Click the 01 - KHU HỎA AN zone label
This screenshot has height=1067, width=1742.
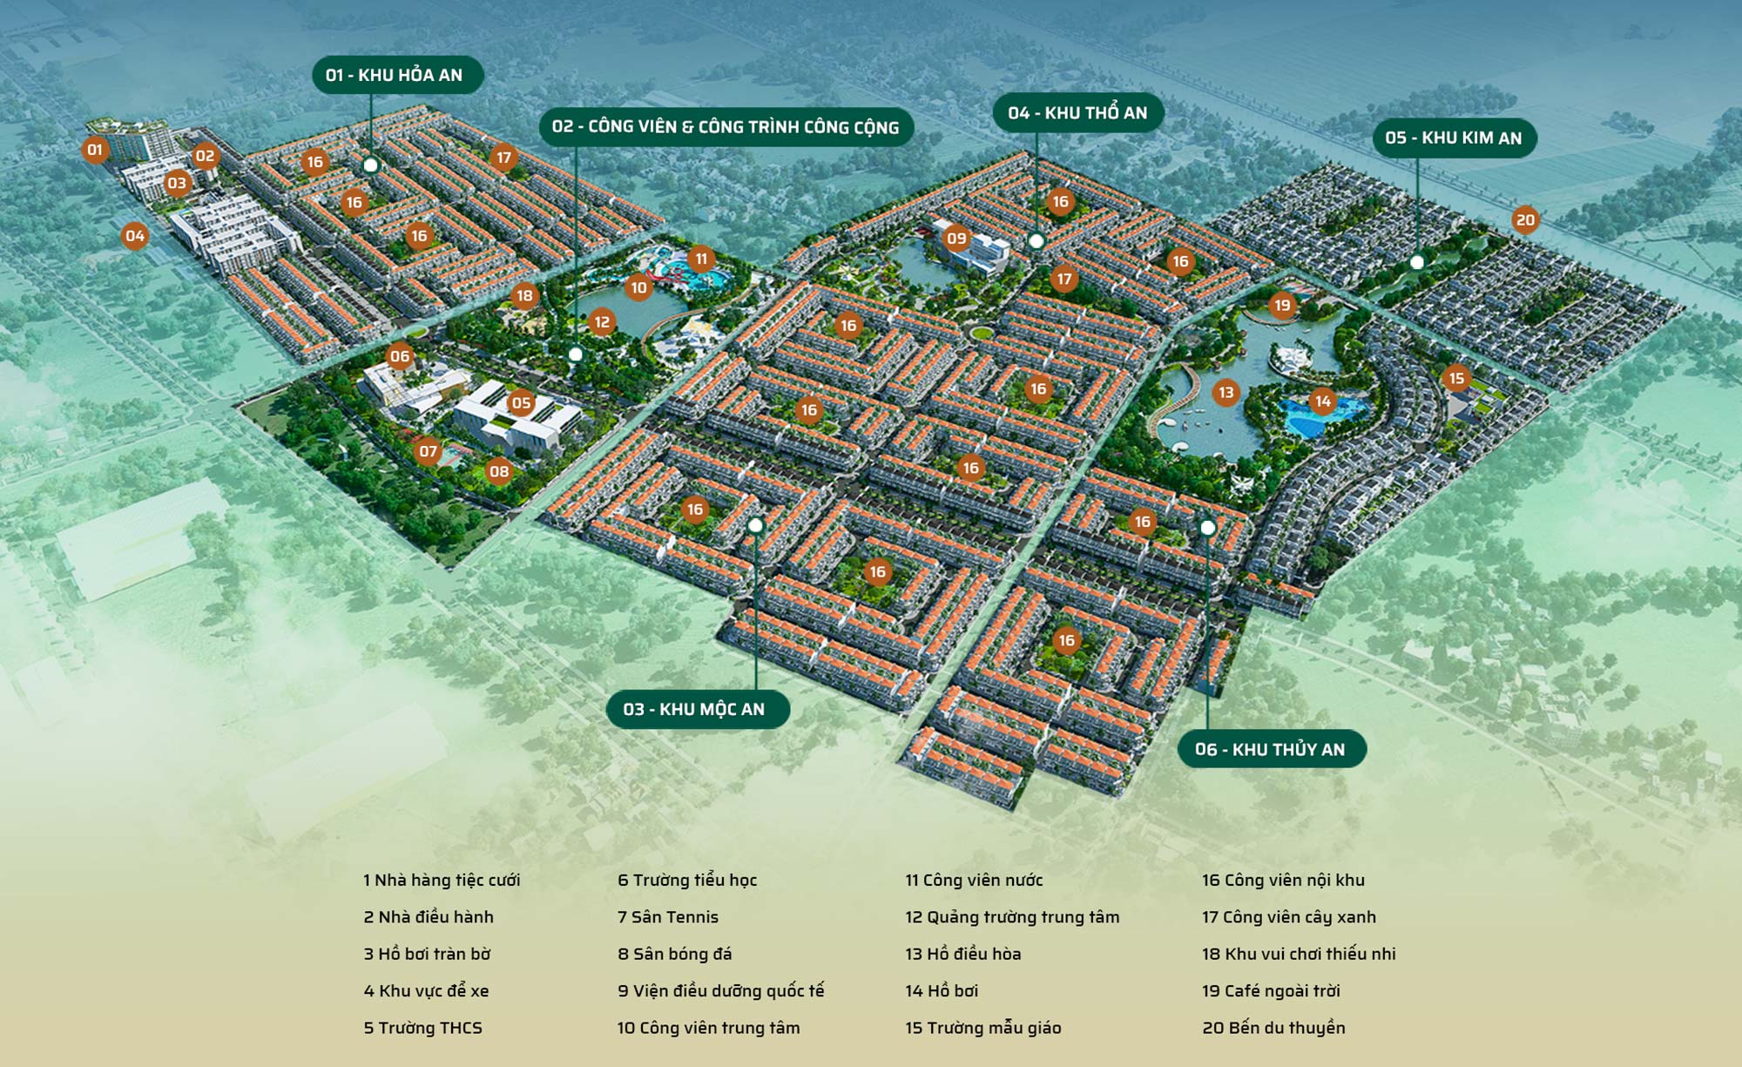coord(397,75)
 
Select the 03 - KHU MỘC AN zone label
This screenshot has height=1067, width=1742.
coord(698,709)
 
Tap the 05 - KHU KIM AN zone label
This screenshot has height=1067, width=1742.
coord(1454,138)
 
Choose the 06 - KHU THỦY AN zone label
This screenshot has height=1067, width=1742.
coord(1271,749)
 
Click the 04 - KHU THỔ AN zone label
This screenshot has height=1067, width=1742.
coord(1078,113)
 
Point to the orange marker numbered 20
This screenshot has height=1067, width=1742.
coord(1525,220)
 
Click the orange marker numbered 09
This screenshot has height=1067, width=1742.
coord(956,239)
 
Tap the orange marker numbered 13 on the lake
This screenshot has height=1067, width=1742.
coord(1226,393)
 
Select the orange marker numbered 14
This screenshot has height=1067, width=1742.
coord(1323,402)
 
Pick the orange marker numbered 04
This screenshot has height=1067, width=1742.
coord(134,236)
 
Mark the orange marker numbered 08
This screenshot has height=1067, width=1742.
coord(499,472)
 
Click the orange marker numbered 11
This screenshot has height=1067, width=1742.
coord(701,260)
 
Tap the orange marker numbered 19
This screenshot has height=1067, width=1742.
coord(1282,306)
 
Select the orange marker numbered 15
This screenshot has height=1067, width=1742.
coord(1456,378)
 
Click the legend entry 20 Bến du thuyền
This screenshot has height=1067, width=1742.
coord(1273,1028)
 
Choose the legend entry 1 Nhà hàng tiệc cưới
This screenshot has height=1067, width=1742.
coord(442,881)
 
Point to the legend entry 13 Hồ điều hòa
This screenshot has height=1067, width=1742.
coord(962,954)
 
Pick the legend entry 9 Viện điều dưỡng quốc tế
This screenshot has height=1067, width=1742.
coord(720,991)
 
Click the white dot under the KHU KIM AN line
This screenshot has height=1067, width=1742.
coord(1417,262)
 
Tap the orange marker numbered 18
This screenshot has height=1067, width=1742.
coord(524,296)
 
